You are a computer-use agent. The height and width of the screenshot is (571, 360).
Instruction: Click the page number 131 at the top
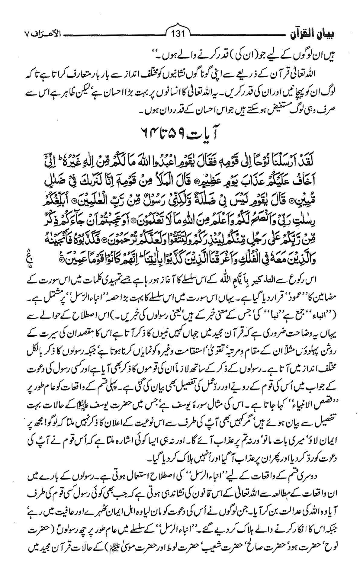(180, 33)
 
